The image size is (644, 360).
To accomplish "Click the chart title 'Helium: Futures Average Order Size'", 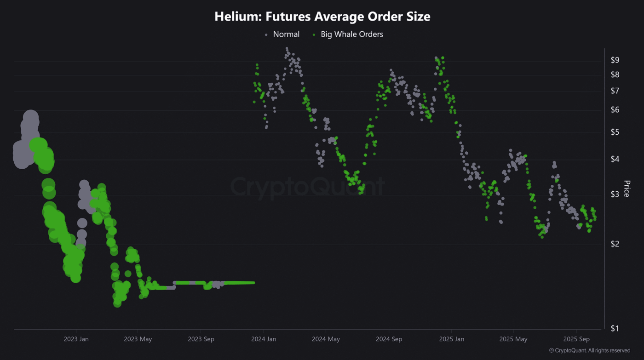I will click(322, 17).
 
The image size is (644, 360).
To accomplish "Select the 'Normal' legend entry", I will click(286, 34).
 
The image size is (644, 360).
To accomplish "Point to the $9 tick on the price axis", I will click(615, 60).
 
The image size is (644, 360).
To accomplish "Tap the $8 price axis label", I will click(615, 74).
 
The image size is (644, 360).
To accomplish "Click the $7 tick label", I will click(615, 91).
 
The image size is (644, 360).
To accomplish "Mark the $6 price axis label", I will click(615, 110).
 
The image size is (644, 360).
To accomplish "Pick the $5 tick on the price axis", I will click(615, 132).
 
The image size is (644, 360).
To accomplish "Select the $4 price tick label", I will click(615, 159).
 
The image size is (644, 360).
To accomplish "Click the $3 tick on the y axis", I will click(615, 194).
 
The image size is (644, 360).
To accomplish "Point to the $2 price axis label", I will click(615, 244).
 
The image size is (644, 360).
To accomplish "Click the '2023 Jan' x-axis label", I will click(76, 339).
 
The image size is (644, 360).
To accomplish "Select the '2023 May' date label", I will click(138, 339).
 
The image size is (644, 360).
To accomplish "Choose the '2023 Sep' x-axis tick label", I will click(201, 339).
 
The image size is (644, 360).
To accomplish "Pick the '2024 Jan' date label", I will click(263, 339).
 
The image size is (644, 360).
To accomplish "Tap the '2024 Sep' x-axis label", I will click(389, 339).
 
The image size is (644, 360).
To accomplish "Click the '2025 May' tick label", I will click(514, 339).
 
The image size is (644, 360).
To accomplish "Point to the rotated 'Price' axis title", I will click(627, 189).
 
